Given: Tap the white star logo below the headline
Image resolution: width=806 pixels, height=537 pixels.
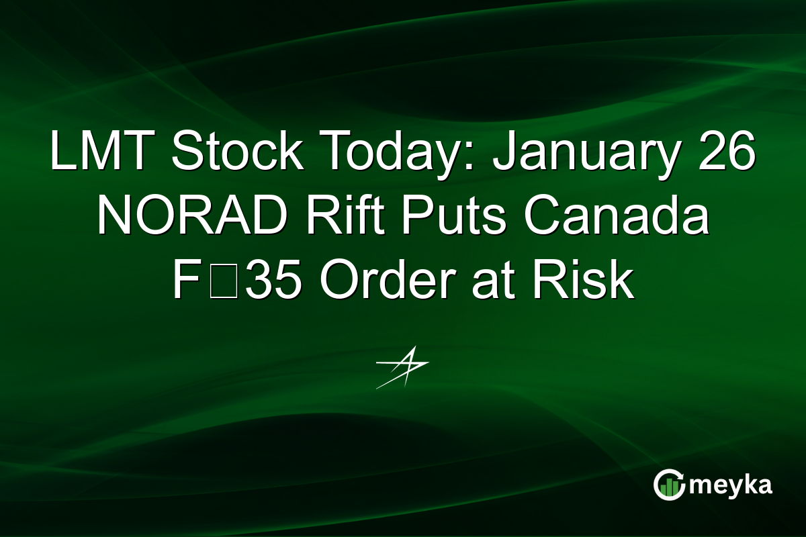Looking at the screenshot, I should pyautogui.click(x=402, y=367).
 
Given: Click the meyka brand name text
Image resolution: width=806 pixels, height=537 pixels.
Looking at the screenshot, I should pyautogui.click(x=729, y=485).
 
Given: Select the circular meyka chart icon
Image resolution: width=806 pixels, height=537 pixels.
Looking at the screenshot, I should pyautogui.click(x=669, y=485).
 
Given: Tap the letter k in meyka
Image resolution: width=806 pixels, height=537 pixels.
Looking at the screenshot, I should pyautogui.click(x=749, y=485).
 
